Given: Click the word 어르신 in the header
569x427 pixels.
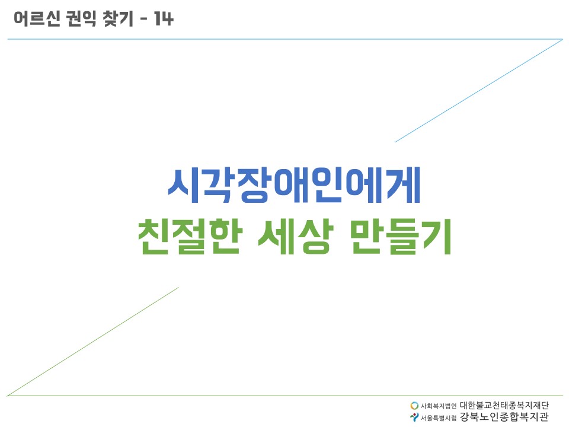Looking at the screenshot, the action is [x=37, y=18].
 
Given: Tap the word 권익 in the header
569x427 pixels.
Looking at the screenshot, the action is [x=82, y=18].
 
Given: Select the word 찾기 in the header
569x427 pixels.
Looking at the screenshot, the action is [x=118, y=18].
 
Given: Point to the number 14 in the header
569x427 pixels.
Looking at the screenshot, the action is [x=164, y=18].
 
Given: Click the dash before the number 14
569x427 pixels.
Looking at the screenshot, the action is [x=143, y=19].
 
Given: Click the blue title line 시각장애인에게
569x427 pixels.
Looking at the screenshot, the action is [x=294, y=185].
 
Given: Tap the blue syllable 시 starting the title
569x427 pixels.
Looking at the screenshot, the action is [x=184, y=185].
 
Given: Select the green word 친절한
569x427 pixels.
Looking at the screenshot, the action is [x=188, y=237].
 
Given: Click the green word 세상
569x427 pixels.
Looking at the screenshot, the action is [x=295, y=237].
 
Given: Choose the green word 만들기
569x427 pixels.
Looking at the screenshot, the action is [x=401, y=237].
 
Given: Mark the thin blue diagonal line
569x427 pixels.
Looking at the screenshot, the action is [x=479, y=91].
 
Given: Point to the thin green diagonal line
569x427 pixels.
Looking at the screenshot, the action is [x=93, y=342].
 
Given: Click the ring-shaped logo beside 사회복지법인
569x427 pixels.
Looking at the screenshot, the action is [x=414, y=405].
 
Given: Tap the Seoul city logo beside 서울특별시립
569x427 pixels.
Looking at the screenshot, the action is [x=414, y=417].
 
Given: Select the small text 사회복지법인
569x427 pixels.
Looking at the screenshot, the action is [x=439, y=406].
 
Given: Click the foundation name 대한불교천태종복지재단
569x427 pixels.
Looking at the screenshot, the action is [x=504, y=405].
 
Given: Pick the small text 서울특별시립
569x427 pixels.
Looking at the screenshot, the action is [x=439, y=418].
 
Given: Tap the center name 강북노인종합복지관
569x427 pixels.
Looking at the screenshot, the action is [x=504, y=417].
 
